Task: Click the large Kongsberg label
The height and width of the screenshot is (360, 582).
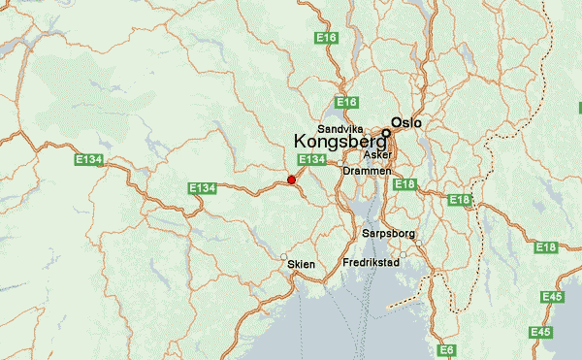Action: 339,141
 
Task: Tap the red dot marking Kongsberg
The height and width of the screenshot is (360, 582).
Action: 291,180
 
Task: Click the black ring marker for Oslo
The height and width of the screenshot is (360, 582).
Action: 385,133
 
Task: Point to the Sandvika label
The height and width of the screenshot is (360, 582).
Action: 339,127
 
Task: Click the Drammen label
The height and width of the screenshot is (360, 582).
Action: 367,171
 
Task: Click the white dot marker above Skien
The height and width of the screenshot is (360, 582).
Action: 283,256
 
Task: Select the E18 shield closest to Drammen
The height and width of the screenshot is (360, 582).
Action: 405,184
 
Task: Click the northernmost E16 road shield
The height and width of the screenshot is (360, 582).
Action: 326,38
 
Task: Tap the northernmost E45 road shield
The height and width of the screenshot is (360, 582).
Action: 553,296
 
